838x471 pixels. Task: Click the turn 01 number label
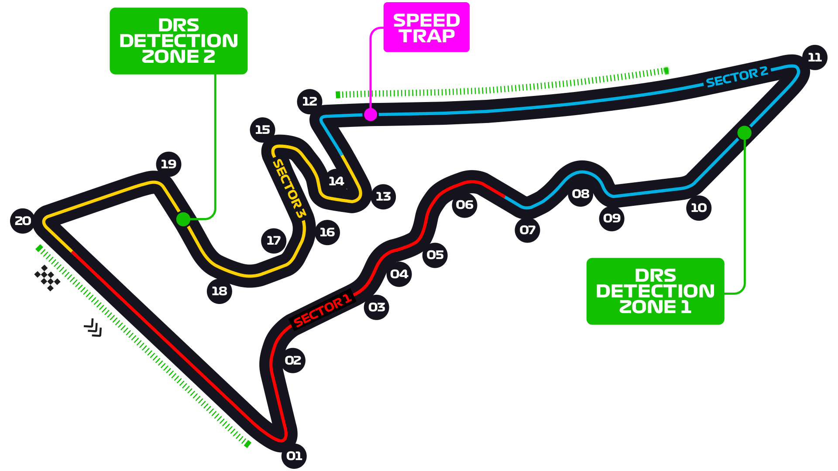pos(294,456)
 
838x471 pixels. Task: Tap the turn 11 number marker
pos(814,57)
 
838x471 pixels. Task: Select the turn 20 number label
pos(23,221)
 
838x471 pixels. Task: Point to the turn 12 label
pos(309,101)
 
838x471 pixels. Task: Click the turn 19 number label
pos(168,164)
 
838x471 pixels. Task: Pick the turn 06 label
pos(464,205)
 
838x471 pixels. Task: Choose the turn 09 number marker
pos(611,218)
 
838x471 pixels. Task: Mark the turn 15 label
pos(262,130)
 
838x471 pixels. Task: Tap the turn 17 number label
pos(274,240)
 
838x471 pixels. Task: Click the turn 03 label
pos(377,307)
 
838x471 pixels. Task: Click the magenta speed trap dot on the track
pos(371,115)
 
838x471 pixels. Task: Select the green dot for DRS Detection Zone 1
pos(744,133)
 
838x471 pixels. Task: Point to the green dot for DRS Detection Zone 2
pos(183,219)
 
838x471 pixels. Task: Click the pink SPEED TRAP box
pos(426,28)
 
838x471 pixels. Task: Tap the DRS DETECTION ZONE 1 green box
pos(655,291)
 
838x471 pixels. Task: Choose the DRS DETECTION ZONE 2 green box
pos(179,41)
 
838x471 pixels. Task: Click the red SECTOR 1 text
pos(322,311)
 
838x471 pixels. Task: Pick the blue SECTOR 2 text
pos(736,77)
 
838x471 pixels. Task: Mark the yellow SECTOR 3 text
pos(288,188)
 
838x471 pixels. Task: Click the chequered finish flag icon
pos(46,278)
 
